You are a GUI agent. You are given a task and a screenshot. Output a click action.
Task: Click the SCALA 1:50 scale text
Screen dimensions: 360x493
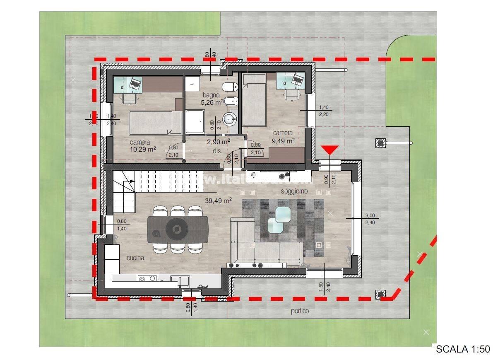[x=463, y=349]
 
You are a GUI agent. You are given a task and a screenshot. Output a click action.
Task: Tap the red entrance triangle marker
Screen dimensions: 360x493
[x=329, y=150]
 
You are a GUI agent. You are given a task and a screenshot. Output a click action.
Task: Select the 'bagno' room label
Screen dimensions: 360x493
[x=211, y=95]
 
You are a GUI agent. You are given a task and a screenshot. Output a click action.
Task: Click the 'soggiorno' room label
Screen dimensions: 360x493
[x=294, y=191]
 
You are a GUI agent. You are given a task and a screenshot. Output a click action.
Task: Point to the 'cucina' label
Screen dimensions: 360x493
[x=135, y=258]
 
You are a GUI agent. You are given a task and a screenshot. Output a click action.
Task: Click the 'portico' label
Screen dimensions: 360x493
[x=300, y=311]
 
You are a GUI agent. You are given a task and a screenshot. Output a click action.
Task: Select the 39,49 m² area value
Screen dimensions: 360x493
[x=218, y=201]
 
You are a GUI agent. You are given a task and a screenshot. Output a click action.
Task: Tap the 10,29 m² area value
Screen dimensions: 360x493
[x=143, y=149]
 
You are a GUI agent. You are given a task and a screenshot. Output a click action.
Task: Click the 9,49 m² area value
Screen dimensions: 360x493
[x=283, y=140]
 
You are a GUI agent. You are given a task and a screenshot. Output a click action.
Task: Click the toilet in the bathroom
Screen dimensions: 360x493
[x=230, y=87]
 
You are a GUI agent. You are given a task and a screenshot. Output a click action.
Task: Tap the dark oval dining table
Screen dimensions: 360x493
[x=178, y=229]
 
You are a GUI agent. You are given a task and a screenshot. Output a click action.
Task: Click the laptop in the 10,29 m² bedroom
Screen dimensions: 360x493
[x=135, y=83]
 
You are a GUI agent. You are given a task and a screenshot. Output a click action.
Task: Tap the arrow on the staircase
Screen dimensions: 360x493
[x=130, y=181]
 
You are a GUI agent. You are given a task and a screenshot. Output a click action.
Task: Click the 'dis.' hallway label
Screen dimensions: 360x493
[x=217, y=151]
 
